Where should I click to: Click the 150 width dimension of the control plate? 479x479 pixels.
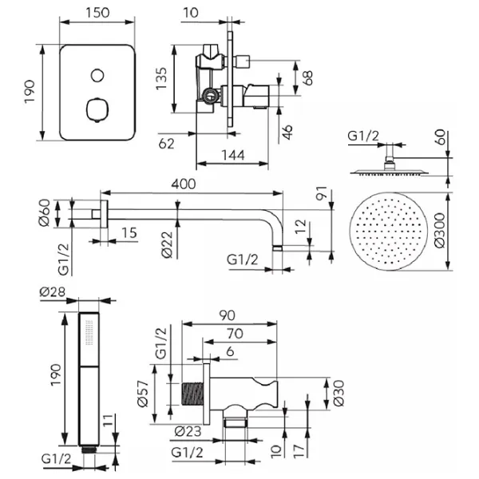(97, 13)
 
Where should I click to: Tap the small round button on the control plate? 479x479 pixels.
(97, 75)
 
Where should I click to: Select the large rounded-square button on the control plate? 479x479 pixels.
(97, 109)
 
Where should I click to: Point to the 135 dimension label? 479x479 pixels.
(161, 78)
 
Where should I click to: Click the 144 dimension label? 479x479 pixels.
(233, 155)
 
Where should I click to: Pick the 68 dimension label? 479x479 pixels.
(307, 78)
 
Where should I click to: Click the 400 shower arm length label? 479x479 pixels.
(184, 184)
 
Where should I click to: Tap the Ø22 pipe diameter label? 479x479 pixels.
(167, 245)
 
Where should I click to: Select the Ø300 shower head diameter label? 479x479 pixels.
(440, 231)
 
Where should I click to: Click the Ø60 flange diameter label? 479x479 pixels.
(45, 212)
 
